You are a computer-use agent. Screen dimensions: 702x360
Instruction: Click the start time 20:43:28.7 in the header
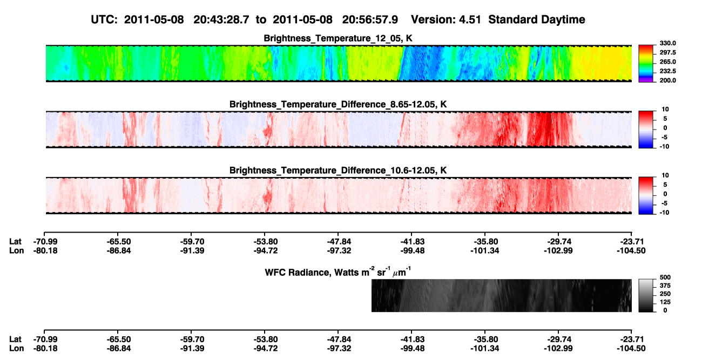point(221,19)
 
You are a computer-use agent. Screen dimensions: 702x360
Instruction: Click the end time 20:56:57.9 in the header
point(370,19)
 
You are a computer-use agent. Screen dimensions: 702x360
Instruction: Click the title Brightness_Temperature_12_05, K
point(337,38)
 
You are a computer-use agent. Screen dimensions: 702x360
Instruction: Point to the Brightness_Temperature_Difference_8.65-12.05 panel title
point(337,104)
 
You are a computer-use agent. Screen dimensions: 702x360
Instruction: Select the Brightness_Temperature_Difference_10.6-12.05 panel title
point(337,170)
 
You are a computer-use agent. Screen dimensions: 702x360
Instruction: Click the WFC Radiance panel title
point(337,271)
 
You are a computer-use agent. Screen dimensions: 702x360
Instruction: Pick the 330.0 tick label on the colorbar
point(667,43)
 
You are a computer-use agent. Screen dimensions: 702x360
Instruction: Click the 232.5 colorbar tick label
point(667,71)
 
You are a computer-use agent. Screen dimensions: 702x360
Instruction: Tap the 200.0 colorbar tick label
point(667,80)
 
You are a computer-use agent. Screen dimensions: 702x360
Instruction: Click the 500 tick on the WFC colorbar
point(665,277)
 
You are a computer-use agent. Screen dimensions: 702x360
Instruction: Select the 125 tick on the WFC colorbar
point(665,302)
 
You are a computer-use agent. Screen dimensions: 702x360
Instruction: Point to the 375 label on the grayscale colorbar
point(665,286)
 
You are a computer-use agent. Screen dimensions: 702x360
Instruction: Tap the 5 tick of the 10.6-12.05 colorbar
point(665,185)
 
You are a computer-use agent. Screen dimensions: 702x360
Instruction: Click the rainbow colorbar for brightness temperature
point(646,64)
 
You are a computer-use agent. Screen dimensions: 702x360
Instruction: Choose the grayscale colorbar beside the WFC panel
point(646,295)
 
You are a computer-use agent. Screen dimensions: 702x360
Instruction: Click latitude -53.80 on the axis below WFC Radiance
point(265,339)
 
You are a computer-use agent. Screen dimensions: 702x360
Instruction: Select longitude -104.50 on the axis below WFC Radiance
point(631,348)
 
